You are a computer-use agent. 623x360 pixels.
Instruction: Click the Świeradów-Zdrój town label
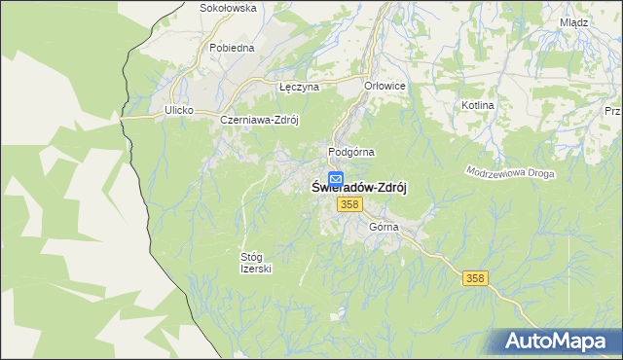click(x=358, y=190)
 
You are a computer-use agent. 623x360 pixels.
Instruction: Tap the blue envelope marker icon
click(x=335, y=179)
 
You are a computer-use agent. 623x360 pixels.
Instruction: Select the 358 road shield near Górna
click(x=351, y=204)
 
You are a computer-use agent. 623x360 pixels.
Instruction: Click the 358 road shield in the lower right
click(x=474, y=278)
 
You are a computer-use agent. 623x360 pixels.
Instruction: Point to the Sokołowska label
click(x=227, y=8)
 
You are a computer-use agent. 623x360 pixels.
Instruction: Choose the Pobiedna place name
click(x=232, y=47)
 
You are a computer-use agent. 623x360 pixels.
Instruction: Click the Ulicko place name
click(x=180, y=111)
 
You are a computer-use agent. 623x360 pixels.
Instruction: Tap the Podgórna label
click(x=351, y=153)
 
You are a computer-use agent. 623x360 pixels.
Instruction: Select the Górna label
click(x=385, y=227)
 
